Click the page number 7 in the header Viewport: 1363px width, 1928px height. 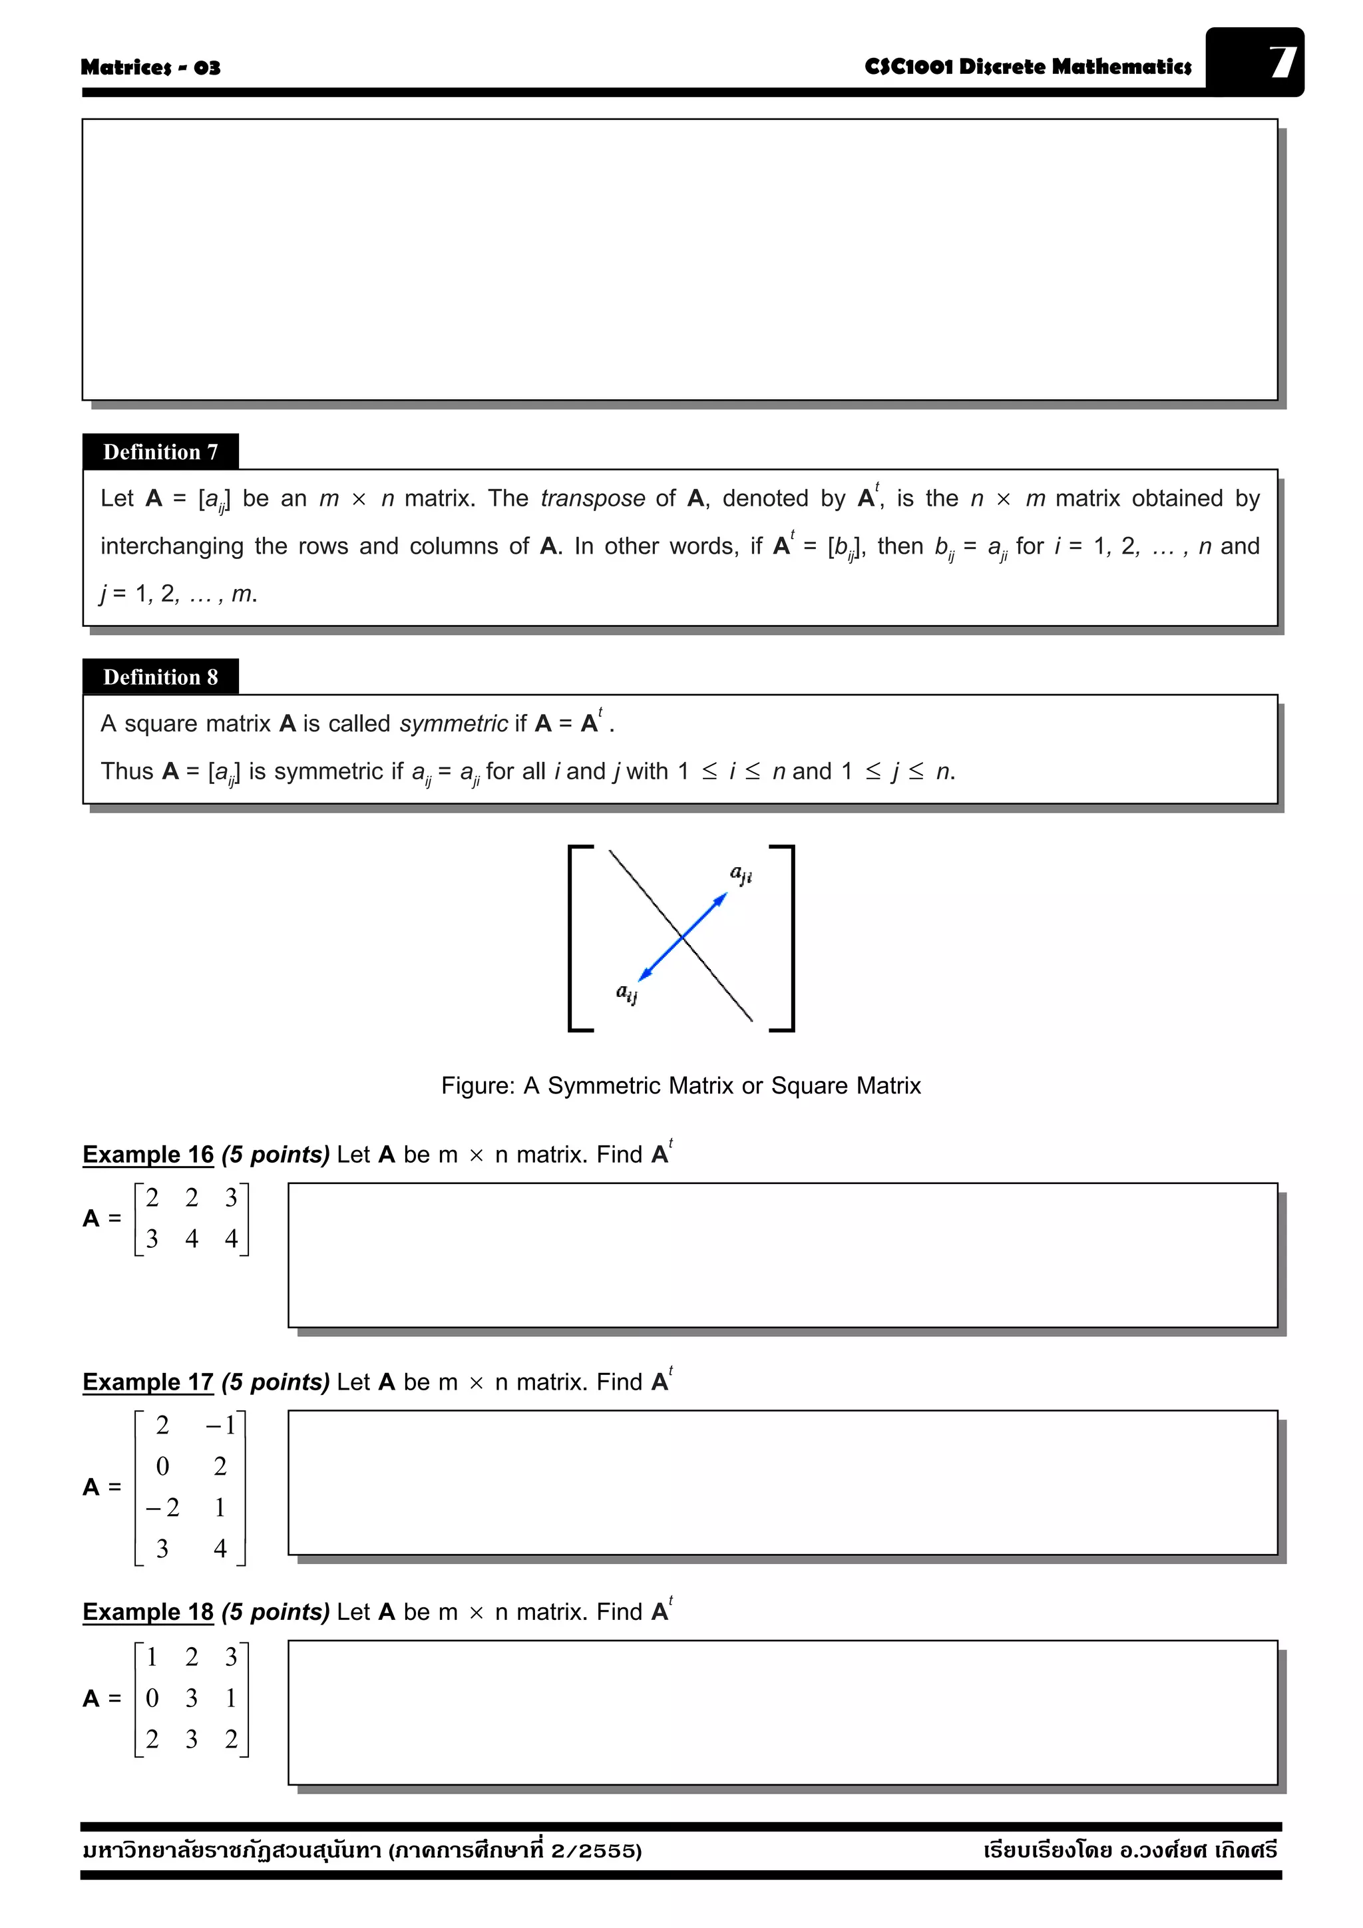1282,62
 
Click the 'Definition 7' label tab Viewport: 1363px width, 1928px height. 160,452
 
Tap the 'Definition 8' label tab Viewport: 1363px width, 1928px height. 160,677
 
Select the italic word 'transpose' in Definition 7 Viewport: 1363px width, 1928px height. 592,498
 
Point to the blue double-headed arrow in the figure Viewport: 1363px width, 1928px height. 683,936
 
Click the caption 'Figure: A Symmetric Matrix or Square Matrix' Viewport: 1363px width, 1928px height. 681,1085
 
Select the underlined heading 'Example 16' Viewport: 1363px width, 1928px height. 148,1155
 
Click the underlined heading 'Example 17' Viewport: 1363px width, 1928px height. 148,1382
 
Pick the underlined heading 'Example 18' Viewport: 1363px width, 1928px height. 148,1613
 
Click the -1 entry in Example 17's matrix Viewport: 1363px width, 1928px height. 220,1425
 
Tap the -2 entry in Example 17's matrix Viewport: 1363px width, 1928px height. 162,1507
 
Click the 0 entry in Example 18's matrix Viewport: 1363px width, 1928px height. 152,1698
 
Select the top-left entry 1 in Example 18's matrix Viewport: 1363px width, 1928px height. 152,1656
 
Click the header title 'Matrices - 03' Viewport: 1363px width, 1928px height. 150,67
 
